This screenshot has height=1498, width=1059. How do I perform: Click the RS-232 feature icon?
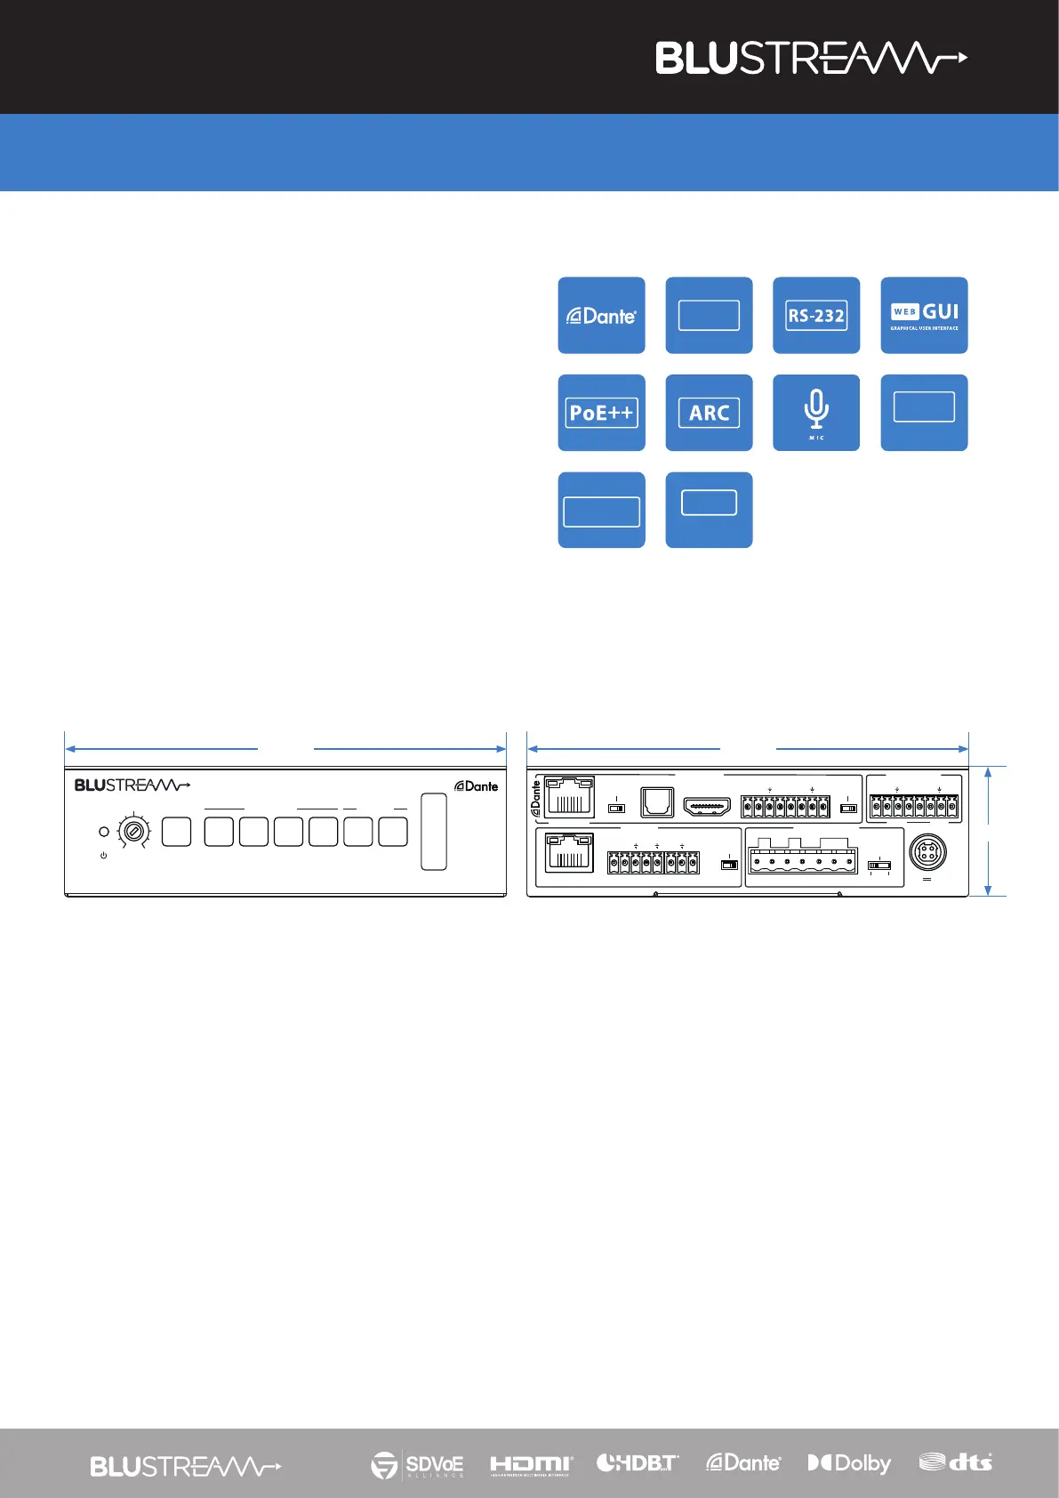point(816,316)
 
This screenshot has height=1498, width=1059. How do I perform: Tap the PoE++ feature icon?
point(602,413)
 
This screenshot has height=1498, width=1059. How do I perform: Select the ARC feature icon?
point(709,413)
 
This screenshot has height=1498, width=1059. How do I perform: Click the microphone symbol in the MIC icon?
point(816,409)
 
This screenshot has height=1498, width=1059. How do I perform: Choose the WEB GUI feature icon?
point(924,316)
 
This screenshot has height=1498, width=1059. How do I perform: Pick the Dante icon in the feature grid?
point(602,316)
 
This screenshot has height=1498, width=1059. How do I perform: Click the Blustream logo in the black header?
point(811,58)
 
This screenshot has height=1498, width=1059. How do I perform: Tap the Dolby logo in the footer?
point(849,1463)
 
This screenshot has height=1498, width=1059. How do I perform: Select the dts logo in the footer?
point(956,1462)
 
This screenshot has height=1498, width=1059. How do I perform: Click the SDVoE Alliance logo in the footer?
point(417,1464)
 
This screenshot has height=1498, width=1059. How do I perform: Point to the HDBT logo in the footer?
point(637,1462)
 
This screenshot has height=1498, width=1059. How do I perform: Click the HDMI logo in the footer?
point(531,1464)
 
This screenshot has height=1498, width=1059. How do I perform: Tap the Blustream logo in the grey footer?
point(185,1466)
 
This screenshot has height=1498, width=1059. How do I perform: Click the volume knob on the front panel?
point(133,833)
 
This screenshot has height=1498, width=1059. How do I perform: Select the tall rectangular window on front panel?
point(434,832)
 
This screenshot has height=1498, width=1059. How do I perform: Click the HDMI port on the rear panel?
point(707,807)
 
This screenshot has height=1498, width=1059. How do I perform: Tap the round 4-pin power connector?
point(927,853)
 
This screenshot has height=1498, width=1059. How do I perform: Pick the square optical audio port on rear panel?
point(657,803)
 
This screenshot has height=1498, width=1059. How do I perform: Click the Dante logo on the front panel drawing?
point(477,786)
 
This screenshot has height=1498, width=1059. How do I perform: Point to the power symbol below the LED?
point(104,855)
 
